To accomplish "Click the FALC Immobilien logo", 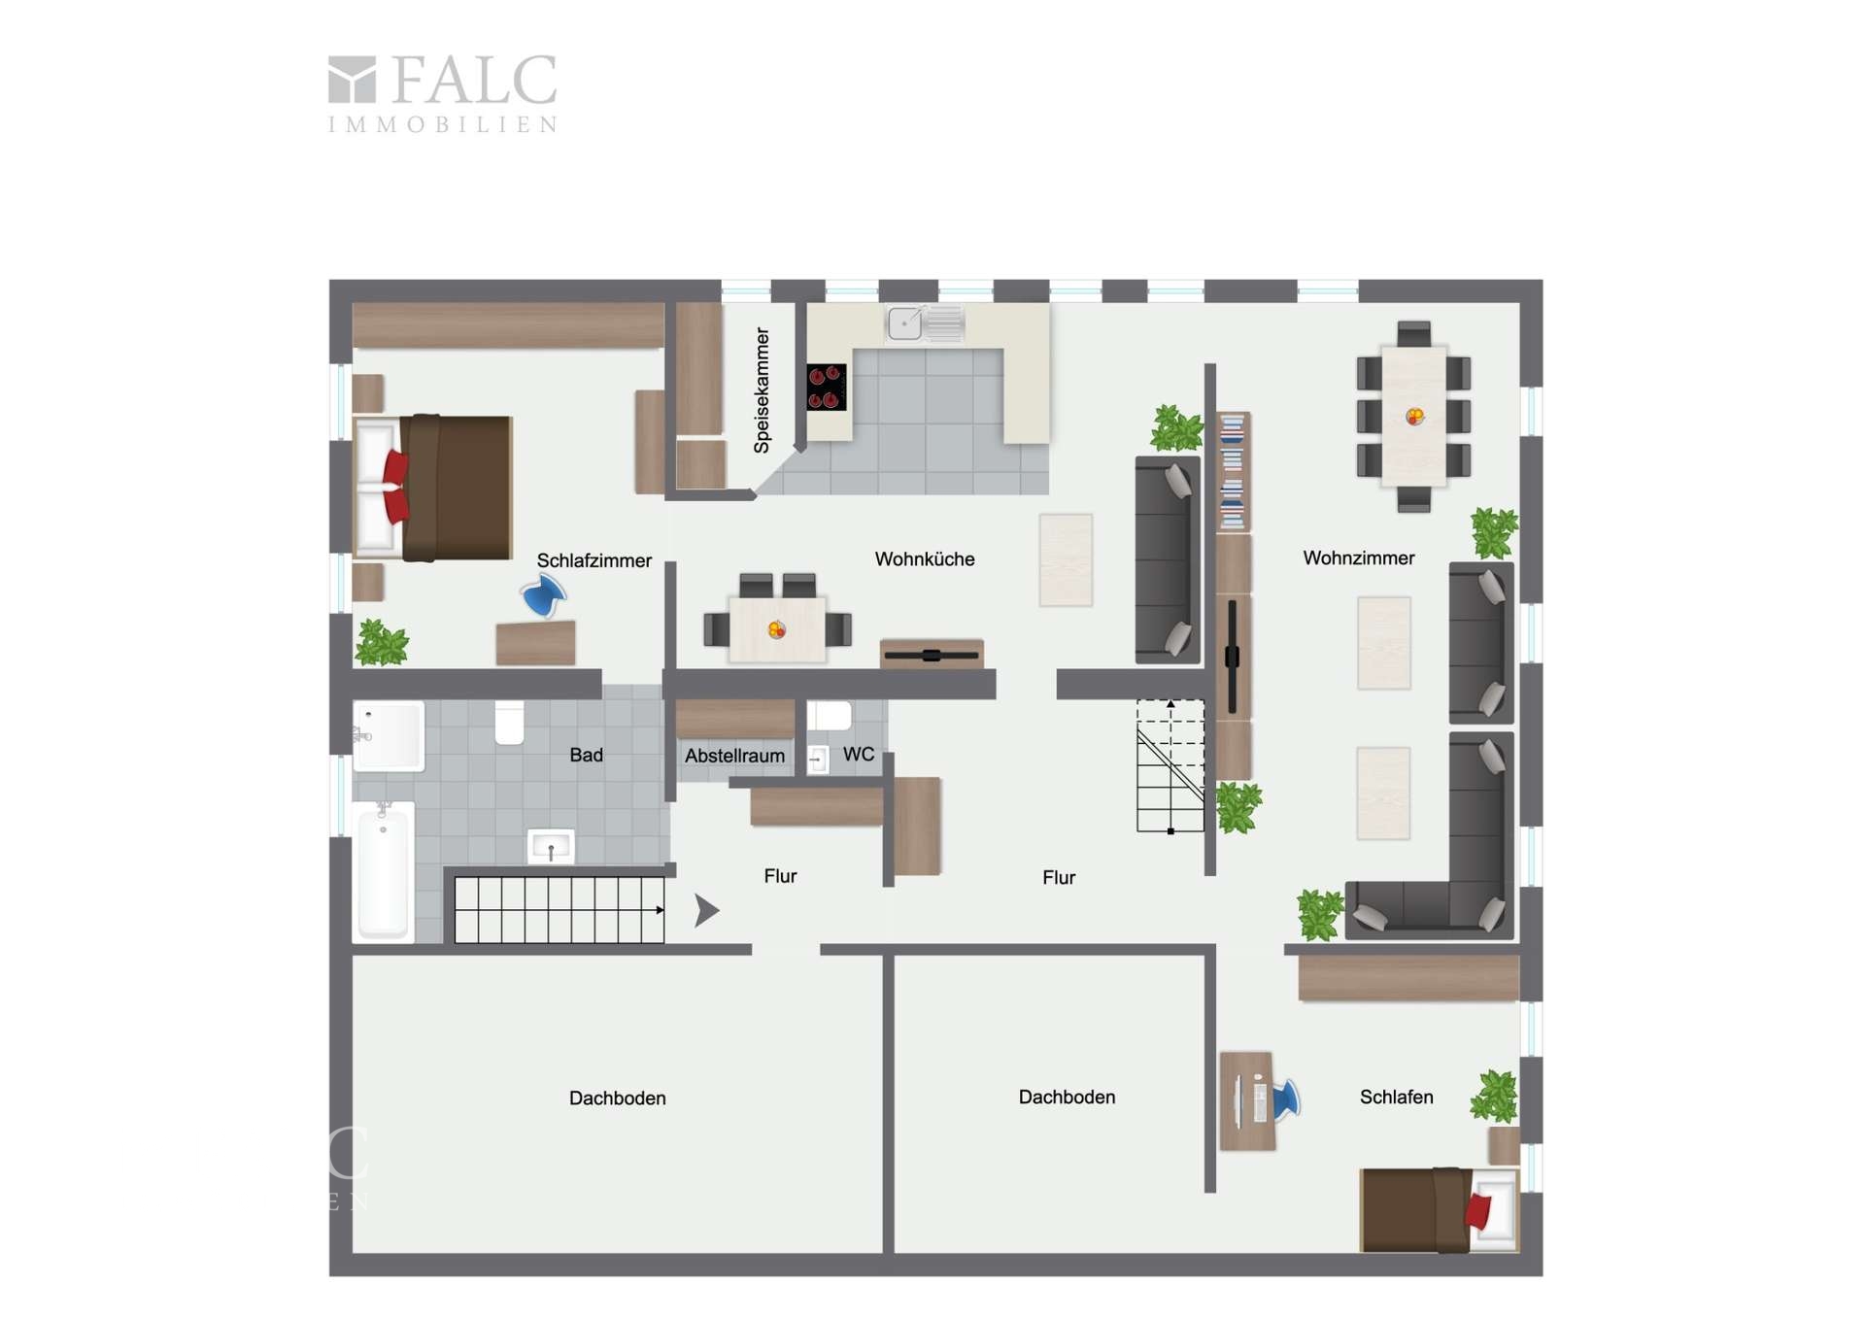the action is tap(443, 93).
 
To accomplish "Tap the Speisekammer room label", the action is tap(762, 390).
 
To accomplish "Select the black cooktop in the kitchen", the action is tap(827, 388).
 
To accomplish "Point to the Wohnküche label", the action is tap(925, 559).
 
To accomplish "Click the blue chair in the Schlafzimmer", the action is tap(544, 594).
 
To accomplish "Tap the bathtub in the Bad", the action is tap(384, 871).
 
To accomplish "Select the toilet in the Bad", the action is tap(510, 723).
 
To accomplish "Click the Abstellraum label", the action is tap(734, 756).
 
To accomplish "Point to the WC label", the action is tap(859, 755).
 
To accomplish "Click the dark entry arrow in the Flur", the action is tap(706, 910).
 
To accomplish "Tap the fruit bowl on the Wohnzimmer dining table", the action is tap(1415, 417).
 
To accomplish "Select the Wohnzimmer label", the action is tap(1359, 558).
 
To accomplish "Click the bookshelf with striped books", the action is tap(1233, 472).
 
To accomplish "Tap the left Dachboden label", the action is tap(618, 1098).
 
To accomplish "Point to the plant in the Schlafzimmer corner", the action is tap(382, 642).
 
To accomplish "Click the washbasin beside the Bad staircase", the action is tap(551, 847).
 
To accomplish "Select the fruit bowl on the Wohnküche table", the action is tap(777, 630).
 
